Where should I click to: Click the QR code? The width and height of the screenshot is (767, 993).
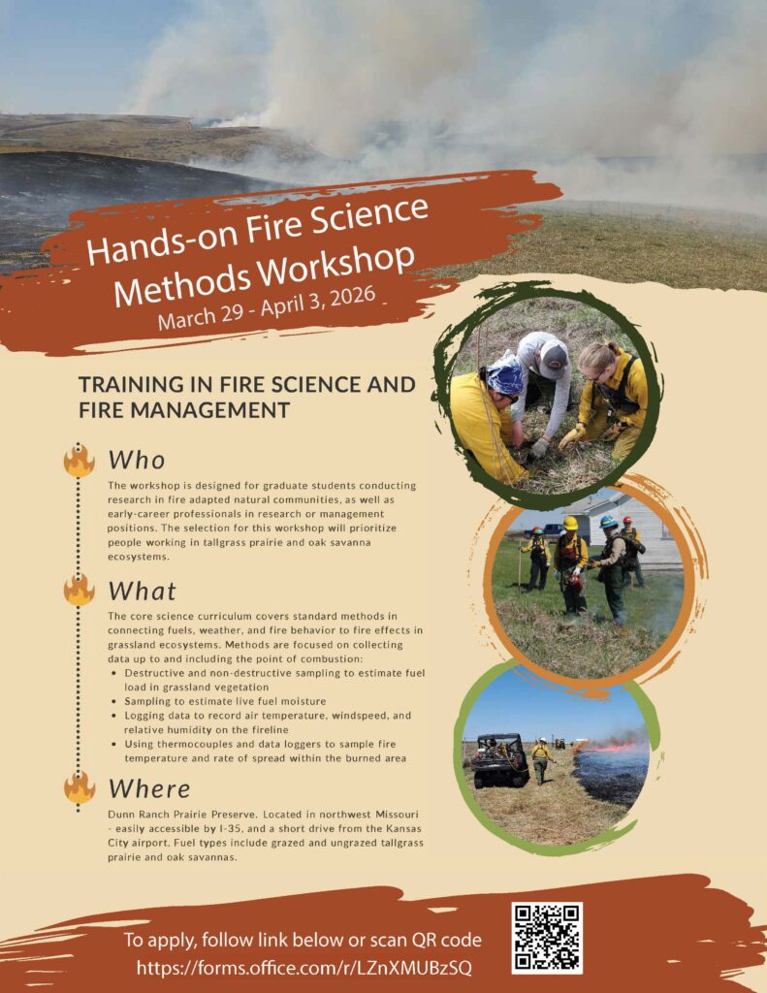click(547, 938)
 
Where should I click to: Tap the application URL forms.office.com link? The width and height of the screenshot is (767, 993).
click(304, 969)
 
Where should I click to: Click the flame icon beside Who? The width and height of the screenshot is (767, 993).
click(80, 461)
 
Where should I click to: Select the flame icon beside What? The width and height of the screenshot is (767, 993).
click(80, 591)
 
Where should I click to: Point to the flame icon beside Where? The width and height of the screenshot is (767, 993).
click(80, 787)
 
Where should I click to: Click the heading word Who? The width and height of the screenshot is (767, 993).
click(137, 461)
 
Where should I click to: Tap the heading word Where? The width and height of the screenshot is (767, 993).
click(149, 789)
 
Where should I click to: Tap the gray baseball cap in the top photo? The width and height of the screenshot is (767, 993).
click(554, 358)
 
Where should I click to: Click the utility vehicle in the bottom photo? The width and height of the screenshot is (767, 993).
click(499, 760)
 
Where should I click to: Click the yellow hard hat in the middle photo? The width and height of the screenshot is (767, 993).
click(570, 523)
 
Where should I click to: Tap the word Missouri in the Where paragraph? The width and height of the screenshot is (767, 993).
click(397, 814)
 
